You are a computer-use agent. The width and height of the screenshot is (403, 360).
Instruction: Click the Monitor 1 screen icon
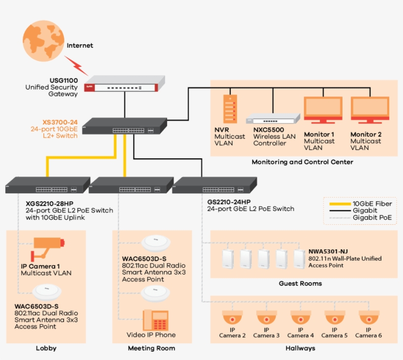click(323, 109)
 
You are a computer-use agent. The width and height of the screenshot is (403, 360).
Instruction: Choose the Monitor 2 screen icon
click(370, 109)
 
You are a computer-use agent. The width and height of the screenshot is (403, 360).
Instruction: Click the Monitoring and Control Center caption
click(302, 162)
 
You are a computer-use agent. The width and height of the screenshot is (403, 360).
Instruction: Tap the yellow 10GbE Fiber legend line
click(337, 204)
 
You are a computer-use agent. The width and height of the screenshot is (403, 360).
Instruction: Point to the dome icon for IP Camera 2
click(232, 316)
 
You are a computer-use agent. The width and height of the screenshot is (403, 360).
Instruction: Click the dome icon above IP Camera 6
click(369, 316)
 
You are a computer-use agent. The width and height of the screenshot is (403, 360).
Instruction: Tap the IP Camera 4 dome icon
click(300, 316)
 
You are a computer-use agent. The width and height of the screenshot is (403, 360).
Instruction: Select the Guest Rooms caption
click(300, 283)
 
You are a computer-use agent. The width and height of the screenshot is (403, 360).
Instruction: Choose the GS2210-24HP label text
click(229, 202)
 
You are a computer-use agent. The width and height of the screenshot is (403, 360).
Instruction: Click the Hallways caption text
click(300, 348)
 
